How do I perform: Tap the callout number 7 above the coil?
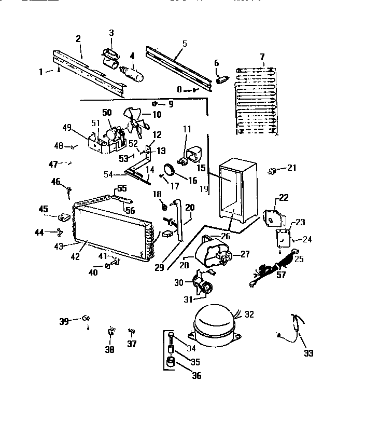coord(262,56)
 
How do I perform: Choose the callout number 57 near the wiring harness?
coord(282,275)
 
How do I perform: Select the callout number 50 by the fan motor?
coord(107,112)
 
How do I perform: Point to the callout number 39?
coord(64,321)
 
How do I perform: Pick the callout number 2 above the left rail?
coord(78,38)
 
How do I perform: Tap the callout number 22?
coord(284,197)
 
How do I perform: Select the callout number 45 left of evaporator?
coord(43,209)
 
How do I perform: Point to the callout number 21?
coord(292,168)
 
